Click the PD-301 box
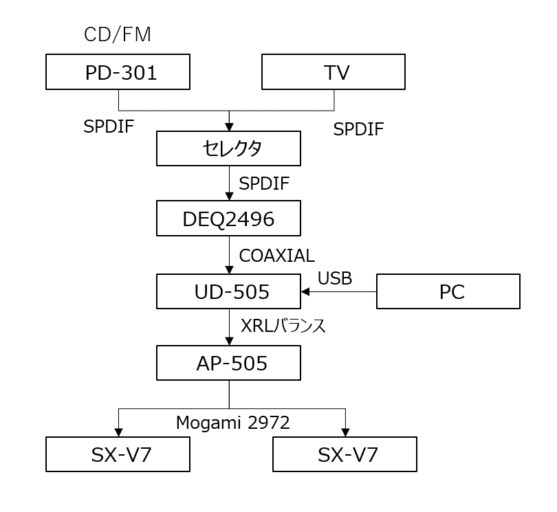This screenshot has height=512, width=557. (118, 72)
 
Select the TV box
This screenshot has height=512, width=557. (334, 72)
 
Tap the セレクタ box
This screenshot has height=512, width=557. (228, 148)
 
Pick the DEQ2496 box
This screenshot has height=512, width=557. (228, 219)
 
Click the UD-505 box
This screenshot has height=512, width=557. (228, 292)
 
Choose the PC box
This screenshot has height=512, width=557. (448, 292)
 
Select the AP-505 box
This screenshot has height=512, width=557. (228, 364)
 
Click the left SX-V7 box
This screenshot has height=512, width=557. (118, 454)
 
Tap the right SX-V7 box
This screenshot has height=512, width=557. (345, 454)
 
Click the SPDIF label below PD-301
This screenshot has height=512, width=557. (109, 126)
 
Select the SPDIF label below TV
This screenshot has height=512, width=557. (358, 129)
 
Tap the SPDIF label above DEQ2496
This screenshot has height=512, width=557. (265, 183)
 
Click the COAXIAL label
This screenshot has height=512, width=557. (276, 256)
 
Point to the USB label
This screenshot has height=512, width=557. (335, 278)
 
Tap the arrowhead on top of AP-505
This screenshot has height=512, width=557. (228, 340)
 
